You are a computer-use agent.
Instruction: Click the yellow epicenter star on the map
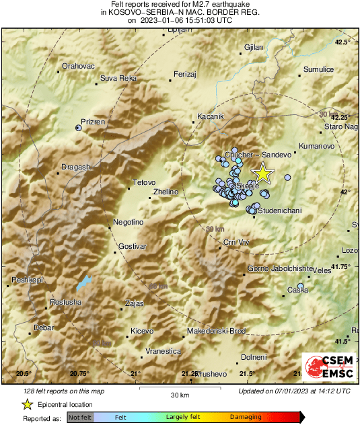click(x=262, y=173)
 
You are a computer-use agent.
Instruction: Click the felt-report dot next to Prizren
click(x=79, y=127)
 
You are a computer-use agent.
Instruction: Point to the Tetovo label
click(x=144, y=182)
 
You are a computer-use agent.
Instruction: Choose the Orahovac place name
click(x=79, y=66)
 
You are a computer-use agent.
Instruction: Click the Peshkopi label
click(x=28, y=279)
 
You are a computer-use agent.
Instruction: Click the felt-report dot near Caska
click(x=301, y=286)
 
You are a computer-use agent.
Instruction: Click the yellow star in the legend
click(x=27, y=404)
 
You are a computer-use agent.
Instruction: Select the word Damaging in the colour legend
click(x=246, y=418)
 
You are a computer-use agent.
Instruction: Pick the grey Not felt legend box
click(x=80, y=418)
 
